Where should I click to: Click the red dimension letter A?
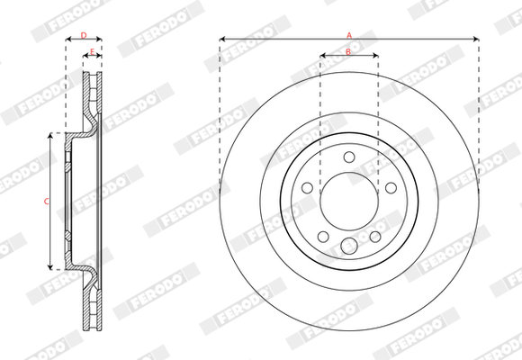349,35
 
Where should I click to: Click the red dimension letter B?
348,51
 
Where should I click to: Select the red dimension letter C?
47,201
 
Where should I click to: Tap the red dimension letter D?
84,35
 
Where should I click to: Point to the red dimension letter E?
93,51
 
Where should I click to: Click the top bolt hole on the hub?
349,157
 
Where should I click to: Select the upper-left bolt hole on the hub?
307,188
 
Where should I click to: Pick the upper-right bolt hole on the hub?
391,188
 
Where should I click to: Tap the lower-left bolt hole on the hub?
323,237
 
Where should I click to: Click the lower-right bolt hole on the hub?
375,237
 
